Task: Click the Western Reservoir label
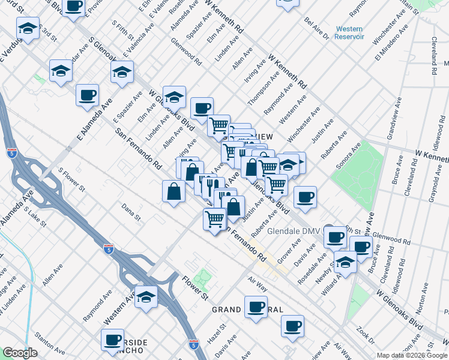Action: (x=350, y=32)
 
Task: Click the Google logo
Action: (x=20, y=353)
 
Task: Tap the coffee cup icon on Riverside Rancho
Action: (x=112, y=341)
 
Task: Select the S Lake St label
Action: (x=35, y=217)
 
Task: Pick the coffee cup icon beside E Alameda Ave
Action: (x=87, y=95)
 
